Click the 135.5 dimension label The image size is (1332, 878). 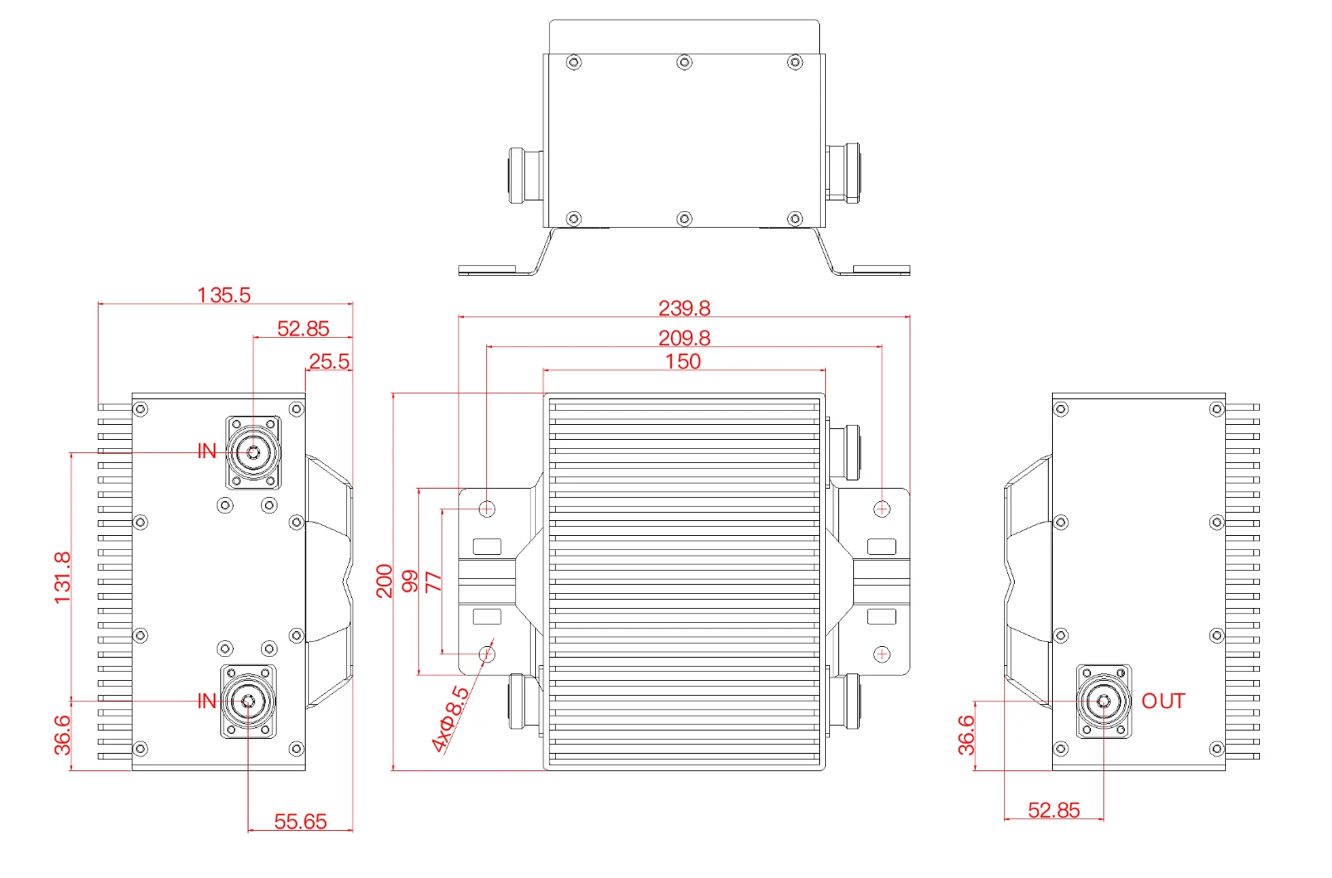pyautogui.click(x=224, y=295)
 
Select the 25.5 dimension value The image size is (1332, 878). pyautogui.click(x=330, y=361)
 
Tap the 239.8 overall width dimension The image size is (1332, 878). pyautogui.click(x=684, y=308)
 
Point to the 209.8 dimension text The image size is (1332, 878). pyautogui.click(x=684, y=338)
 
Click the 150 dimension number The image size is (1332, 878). pyautogui.click(x=683, y=361)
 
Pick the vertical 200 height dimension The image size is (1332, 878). pyautogui.click(x=384, y=581)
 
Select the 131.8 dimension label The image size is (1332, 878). pyautogui.click(x=62, y=577)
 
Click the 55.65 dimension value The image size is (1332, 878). pyautogui.click(x=301, y=822)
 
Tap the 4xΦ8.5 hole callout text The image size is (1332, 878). pyautogui.click(x=451, y=719)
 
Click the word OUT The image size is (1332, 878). pyautogui.click(x=1163, y=702)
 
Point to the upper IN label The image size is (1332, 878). pyautogui.click(x=206, y=451)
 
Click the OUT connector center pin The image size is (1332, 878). pyautogui.click(x=1103, y=702)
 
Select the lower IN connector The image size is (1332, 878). pyautogui.click(x=248, y=702)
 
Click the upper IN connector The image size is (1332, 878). pyautogui.click(x=253, y=452)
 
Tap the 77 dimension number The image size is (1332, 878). pyautogui.click(x=434, y=582)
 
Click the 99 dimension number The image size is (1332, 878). pyautogui.click(x=410, y=581)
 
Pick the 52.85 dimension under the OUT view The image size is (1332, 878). pyautogui.click(x=1054, y=809)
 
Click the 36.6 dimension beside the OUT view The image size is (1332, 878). pyautogui.click(x=967, y=736)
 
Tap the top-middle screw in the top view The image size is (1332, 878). pyautogui.click(x=684, y=62)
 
